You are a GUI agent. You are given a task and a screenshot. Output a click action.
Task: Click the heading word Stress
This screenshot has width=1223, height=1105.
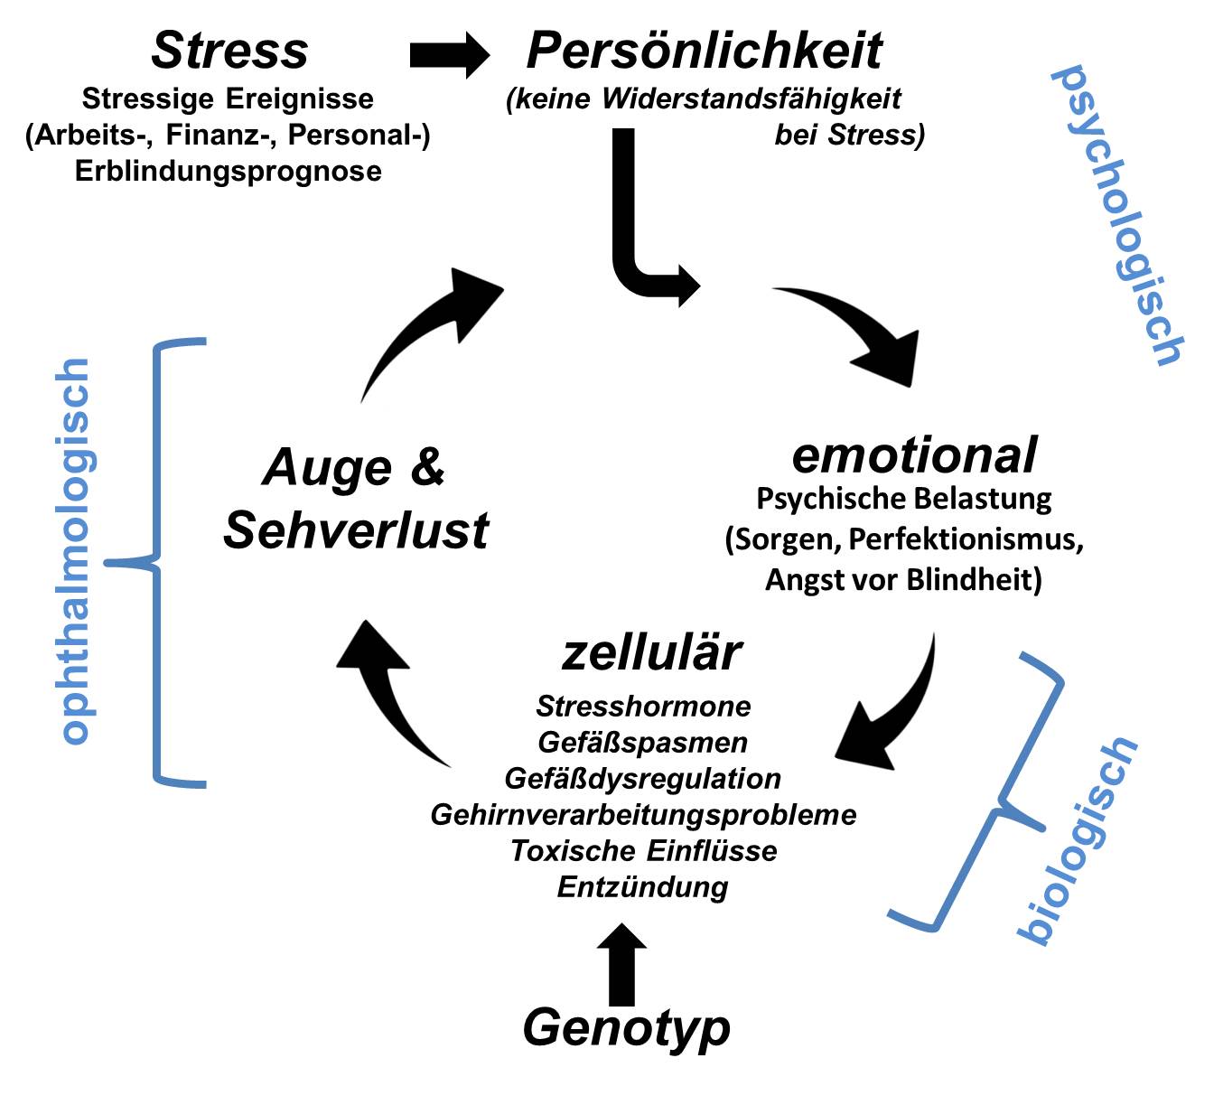229,51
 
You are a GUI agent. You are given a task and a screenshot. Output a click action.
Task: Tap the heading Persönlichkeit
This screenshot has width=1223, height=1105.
704,51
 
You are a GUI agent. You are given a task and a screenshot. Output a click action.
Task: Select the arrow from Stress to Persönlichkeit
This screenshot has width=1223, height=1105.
449,55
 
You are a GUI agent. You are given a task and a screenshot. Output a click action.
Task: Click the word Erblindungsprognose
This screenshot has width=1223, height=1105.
229,171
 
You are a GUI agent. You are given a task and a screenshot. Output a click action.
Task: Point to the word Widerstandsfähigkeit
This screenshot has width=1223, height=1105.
752,98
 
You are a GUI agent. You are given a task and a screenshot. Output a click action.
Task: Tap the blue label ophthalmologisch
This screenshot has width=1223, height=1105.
76,550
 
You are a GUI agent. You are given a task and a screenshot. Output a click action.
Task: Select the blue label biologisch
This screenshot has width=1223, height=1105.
1077,839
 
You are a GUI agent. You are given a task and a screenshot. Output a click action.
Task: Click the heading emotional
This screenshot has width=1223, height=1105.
914,454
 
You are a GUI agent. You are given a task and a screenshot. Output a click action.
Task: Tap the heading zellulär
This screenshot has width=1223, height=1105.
651,651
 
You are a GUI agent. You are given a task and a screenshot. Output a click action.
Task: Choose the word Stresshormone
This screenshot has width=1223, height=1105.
643,706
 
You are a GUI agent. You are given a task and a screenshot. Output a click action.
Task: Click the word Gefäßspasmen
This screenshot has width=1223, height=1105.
643,742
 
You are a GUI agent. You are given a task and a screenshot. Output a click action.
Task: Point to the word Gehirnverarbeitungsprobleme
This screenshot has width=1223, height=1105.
643,814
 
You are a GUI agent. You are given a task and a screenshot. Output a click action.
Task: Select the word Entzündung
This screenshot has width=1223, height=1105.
643,886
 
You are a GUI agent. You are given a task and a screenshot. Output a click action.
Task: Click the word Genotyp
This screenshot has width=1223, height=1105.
627,1027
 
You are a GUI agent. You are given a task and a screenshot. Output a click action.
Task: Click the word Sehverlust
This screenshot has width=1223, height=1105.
356,529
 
